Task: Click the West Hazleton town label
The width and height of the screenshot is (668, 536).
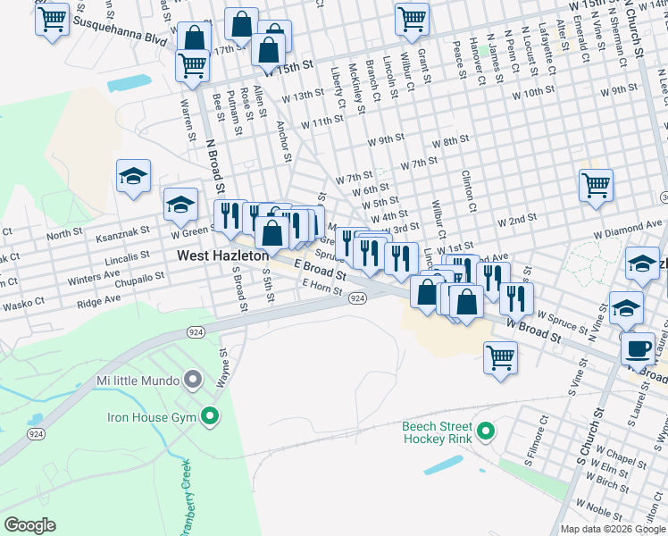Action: coord(223,255)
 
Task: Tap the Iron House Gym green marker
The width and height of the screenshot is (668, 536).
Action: coord(210,415)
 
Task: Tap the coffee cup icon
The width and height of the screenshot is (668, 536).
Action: coord(638,348)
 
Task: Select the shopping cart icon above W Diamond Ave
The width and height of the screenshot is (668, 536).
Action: coord(596,186)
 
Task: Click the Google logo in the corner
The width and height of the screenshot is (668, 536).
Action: coord(29,525)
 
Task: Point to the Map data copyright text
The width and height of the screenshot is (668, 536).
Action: coord(613,529)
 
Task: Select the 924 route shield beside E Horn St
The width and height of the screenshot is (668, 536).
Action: coord(356,297)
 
